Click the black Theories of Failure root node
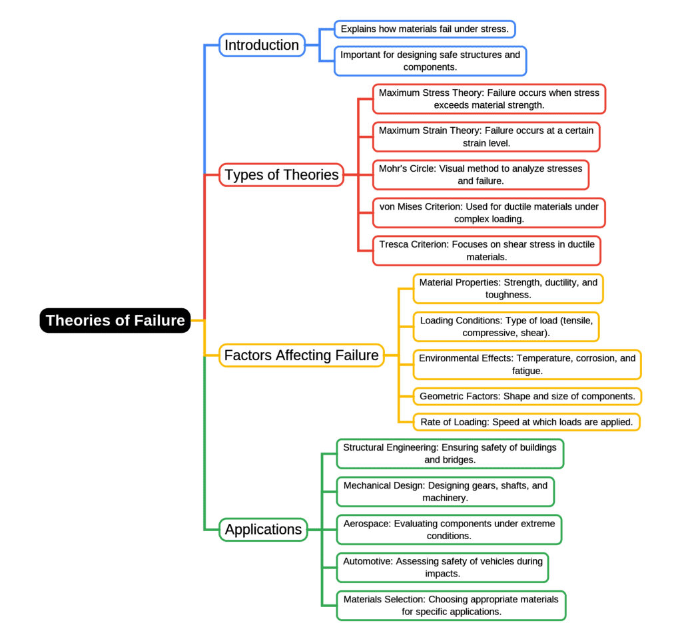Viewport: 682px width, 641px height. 115,320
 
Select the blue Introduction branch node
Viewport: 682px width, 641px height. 262,45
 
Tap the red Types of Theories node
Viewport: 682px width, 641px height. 282,175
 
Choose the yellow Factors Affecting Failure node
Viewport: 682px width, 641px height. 301,355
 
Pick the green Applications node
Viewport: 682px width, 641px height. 263,530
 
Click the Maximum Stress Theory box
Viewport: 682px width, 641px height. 489,99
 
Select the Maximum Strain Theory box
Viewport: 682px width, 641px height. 486,137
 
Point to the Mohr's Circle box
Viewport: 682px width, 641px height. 480,174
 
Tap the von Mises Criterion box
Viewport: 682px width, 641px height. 489,212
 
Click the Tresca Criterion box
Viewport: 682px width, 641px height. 486,250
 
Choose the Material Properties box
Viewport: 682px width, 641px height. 508,288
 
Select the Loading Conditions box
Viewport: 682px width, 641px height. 506,326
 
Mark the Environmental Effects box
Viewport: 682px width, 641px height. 527,364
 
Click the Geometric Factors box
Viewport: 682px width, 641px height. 527,396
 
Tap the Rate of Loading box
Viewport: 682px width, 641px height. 526,422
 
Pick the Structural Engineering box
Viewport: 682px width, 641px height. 450,453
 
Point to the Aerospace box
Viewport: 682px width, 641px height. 449,529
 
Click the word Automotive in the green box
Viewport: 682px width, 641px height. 367,561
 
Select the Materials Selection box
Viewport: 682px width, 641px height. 451,605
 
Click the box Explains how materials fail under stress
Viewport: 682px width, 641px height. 425,29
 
